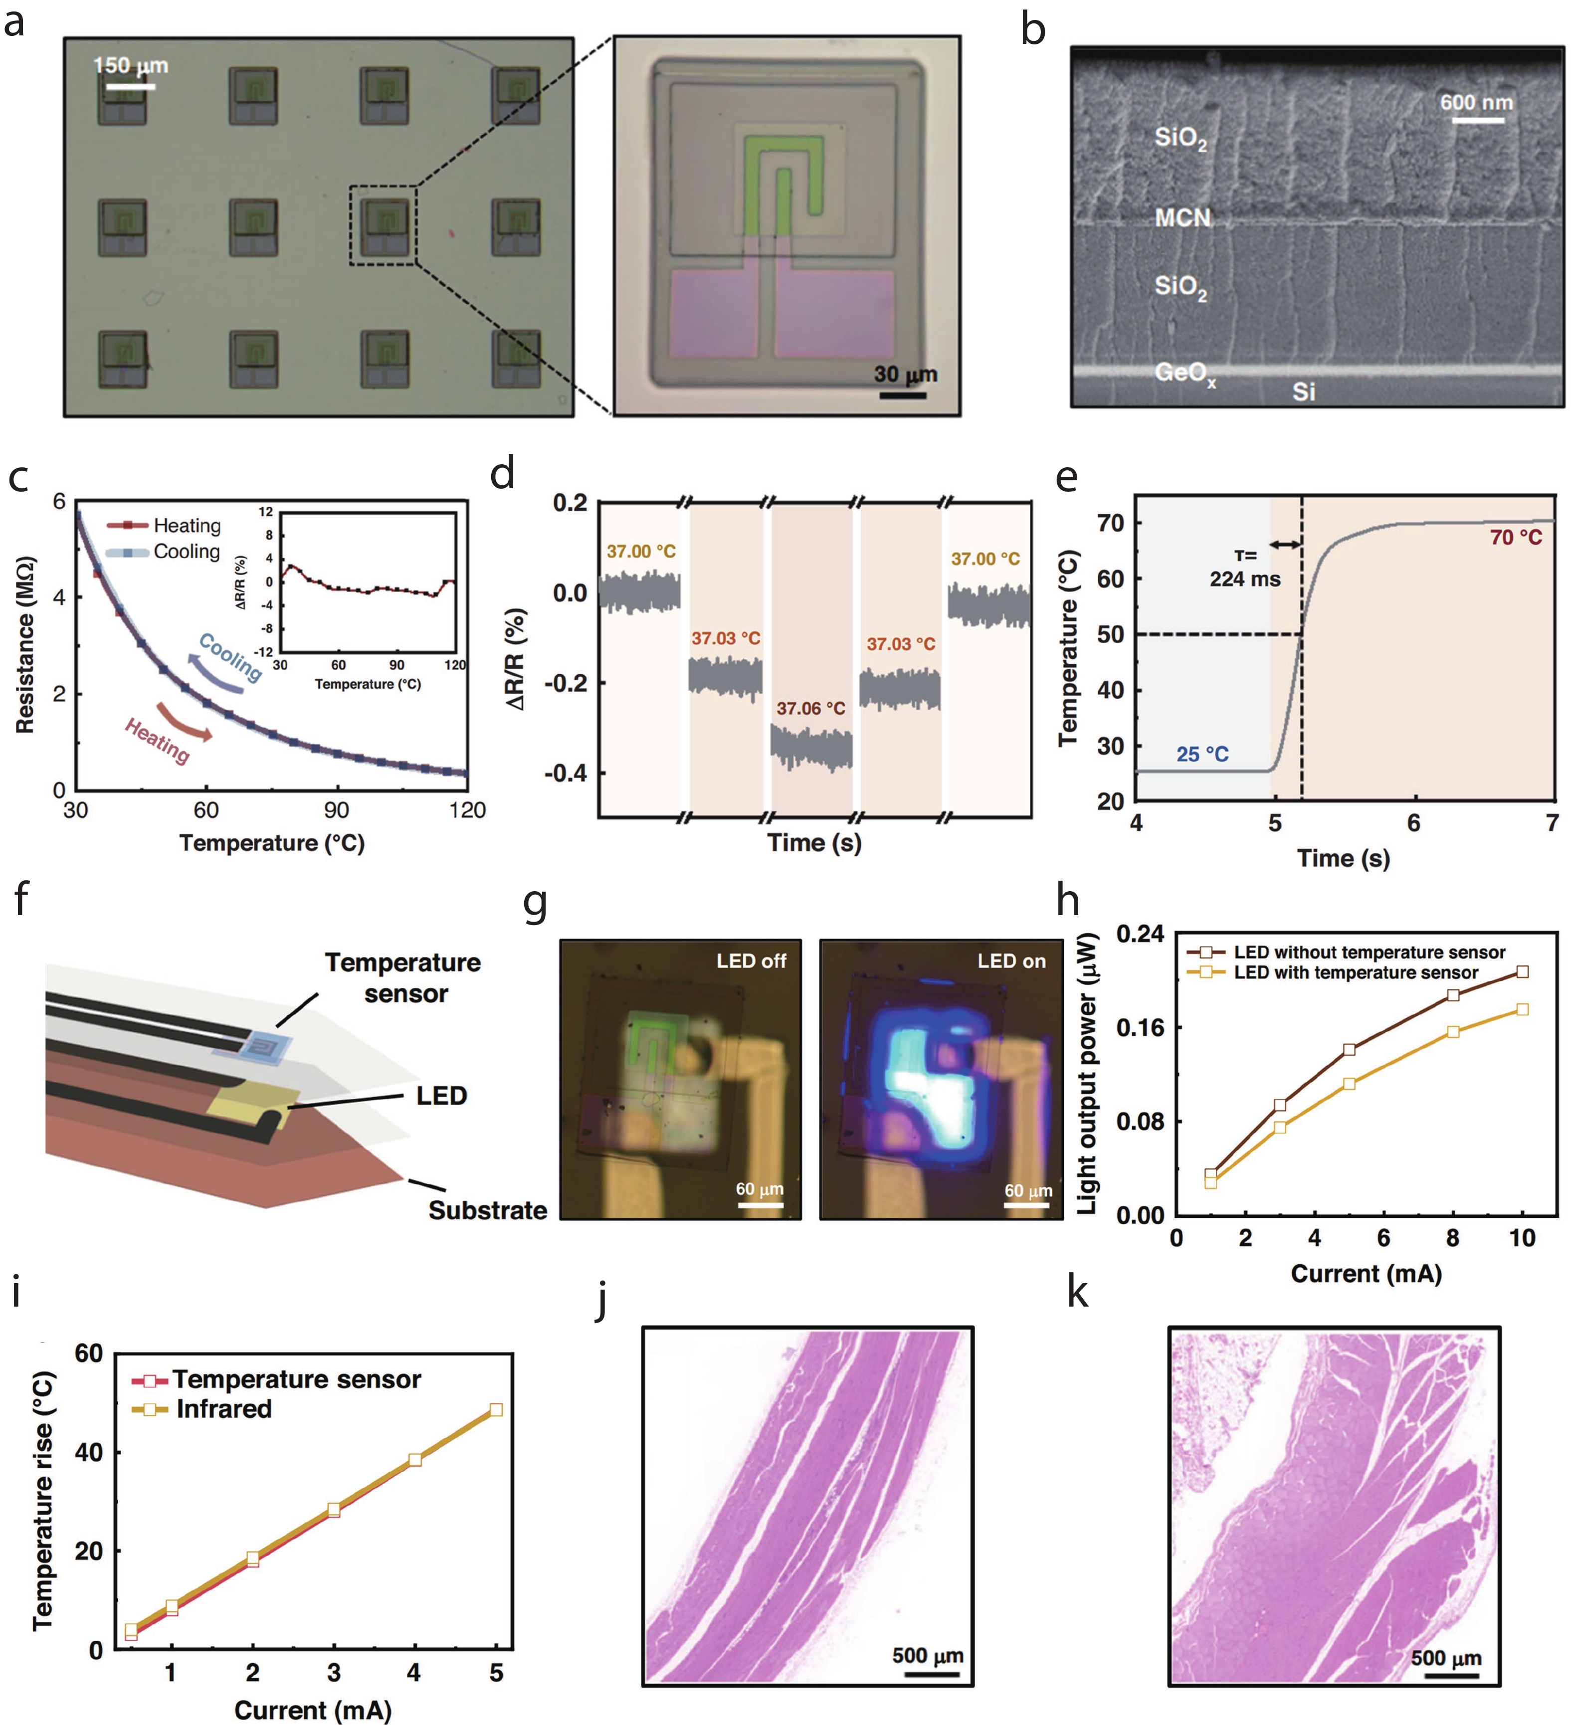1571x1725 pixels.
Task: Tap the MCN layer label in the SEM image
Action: (x=1182, y=218)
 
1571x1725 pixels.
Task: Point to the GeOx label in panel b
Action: (x=1184, y=373)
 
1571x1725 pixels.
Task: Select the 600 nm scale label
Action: (x=1476, y=103)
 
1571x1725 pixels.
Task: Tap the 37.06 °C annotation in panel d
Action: (x=810, y=709)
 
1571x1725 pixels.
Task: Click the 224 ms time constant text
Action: (x=1244, y=579)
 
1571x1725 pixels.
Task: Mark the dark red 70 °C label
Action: (x=1515, y=538)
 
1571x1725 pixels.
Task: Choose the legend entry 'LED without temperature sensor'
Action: (x=1368, y=953)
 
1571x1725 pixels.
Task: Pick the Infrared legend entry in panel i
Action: (x=223, y=1408)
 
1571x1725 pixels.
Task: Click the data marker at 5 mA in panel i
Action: (x=495, y=1409)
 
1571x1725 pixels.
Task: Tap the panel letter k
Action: (x=1077, y=1293)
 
